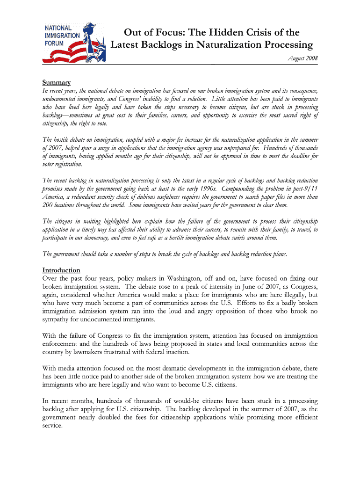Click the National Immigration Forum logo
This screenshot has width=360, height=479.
tap(74, 44)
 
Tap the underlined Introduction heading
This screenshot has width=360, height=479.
tap(61, 270)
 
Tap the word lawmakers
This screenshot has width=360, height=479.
tap(93, 352)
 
